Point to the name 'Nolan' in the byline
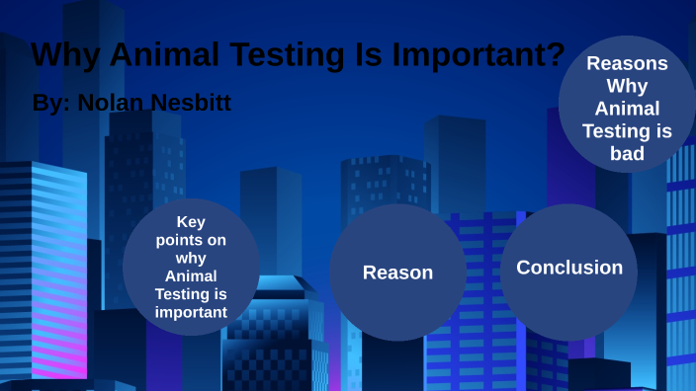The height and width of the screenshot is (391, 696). (111, 102)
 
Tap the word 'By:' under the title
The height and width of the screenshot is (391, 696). (50, 102)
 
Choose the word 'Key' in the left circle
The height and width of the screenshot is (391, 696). (191, 222)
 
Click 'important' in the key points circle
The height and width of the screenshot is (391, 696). (191, 313)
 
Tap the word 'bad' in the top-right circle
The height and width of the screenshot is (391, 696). (627, 154)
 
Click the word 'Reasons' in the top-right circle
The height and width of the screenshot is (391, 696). (627, 64)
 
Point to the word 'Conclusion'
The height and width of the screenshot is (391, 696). (569, 268)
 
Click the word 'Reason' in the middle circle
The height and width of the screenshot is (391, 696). (397, 273)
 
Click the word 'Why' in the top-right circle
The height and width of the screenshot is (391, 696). (627, 87)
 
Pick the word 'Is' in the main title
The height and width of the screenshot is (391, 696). (365, 55)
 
